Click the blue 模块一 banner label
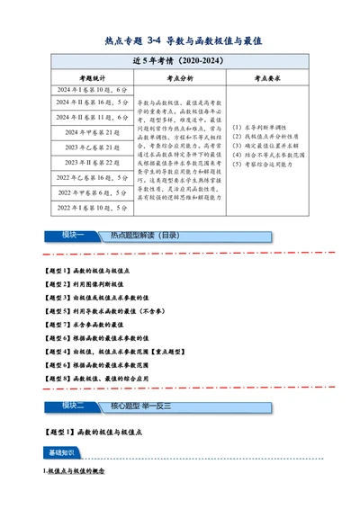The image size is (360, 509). pos(71,236)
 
